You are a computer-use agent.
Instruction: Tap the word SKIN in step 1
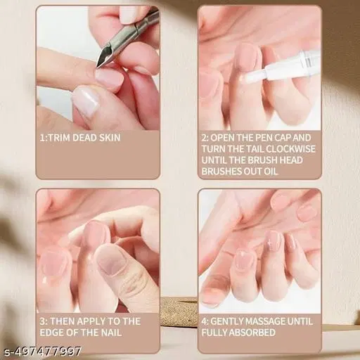[105, 137]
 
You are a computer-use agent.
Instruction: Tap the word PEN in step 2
[271, 137]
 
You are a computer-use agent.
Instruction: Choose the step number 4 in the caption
[204, 321]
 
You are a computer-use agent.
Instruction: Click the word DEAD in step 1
[83, 137]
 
